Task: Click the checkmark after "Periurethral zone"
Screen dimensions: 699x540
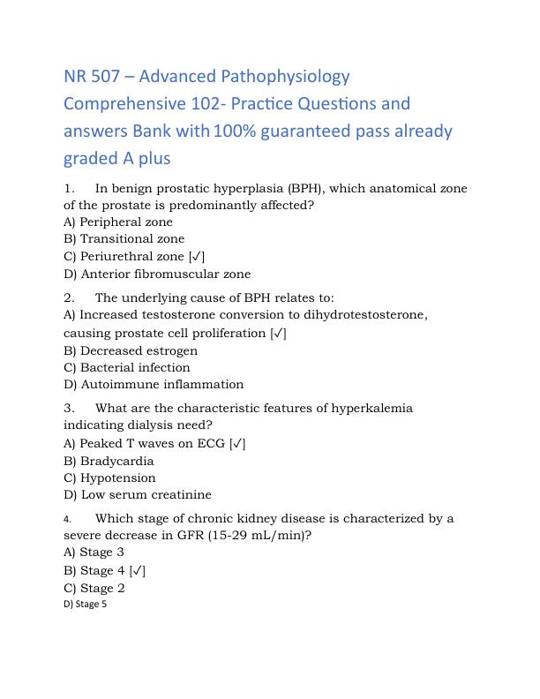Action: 197,256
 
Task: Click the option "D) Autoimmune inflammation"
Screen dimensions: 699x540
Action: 154,384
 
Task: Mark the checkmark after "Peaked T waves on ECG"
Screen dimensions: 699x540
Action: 236,443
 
